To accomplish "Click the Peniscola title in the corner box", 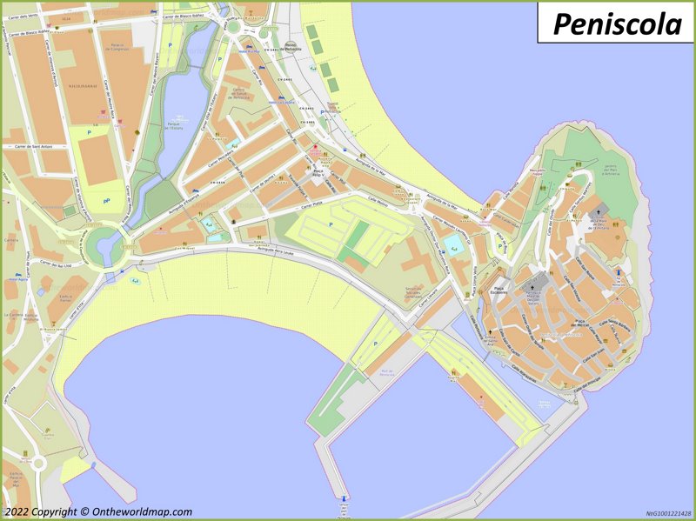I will point(617,23).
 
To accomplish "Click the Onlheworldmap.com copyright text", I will point(97,512).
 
